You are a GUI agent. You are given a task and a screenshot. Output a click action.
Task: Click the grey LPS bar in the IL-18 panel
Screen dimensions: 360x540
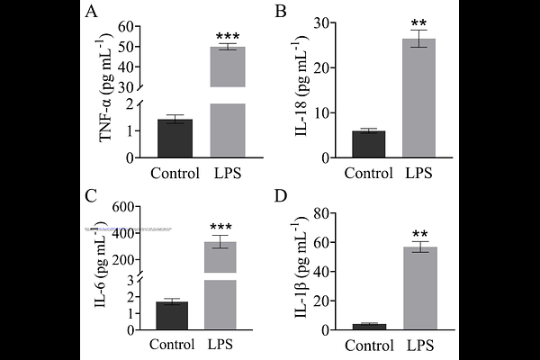click(x=418, y=99)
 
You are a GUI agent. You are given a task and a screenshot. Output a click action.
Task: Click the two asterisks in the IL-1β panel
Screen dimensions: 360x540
click(x=419, y=234)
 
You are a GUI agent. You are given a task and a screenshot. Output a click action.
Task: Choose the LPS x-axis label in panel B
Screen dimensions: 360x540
click(x=418, y=173)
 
